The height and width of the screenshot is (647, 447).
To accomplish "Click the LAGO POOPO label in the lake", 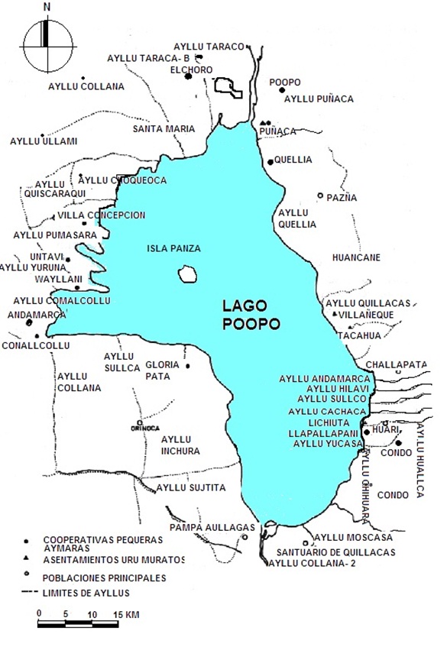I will tap(251, 314).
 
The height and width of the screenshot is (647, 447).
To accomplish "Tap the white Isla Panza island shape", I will tap(185, 273).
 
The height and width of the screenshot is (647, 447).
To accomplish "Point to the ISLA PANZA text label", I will tap(174, 248).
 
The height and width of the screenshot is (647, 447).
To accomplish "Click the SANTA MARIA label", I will tap(164, 128).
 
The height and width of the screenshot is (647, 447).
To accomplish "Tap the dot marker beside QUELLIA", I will tap(270, 162).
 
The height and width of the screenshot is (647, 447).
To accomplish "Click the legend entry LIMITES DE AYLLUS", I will tap(86, 593).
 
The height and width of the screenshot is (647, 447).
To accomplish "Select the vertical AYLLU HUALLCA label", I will tap(419, 461).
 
